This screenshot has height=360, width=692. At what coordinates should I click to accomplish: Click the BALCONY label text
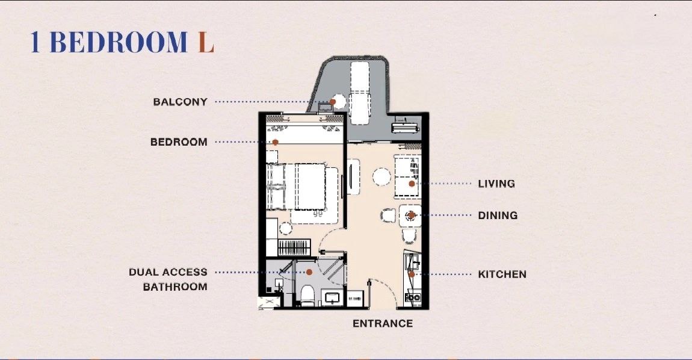(180, 102)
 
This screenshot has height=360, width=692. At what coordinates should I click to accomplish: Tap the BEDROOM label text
(179, 143)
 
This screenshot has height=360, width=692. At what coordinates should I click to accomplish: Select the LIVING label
(496, 184)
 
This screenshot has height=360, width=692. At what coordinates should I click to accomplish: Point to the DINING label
(498, 216)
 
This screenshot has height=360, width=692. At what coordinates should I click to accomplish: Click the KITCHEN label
(502, 275)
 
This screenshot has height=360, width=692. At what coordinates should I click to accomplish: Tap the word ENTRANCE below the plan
(383, 324)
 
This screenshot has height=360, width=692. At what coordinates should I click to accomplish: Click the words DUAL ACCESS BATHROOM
(168, 279)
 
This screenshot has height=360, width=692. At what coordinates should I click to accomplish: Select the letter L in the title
(206, 43)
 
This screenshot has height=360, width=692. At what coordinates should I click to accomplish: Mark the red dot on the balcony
(332, 102)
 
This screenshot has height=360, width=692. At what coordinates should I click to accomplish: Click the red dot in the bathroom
(309, 272)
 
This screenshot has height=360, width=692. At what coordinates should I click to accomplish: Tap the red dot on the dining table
(412, 215)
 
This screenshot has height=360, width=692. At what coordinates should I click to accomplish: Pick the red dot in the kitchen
(412, 274)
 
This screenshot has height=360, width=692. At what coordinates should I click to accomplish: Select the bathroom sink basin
(332, 297)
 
